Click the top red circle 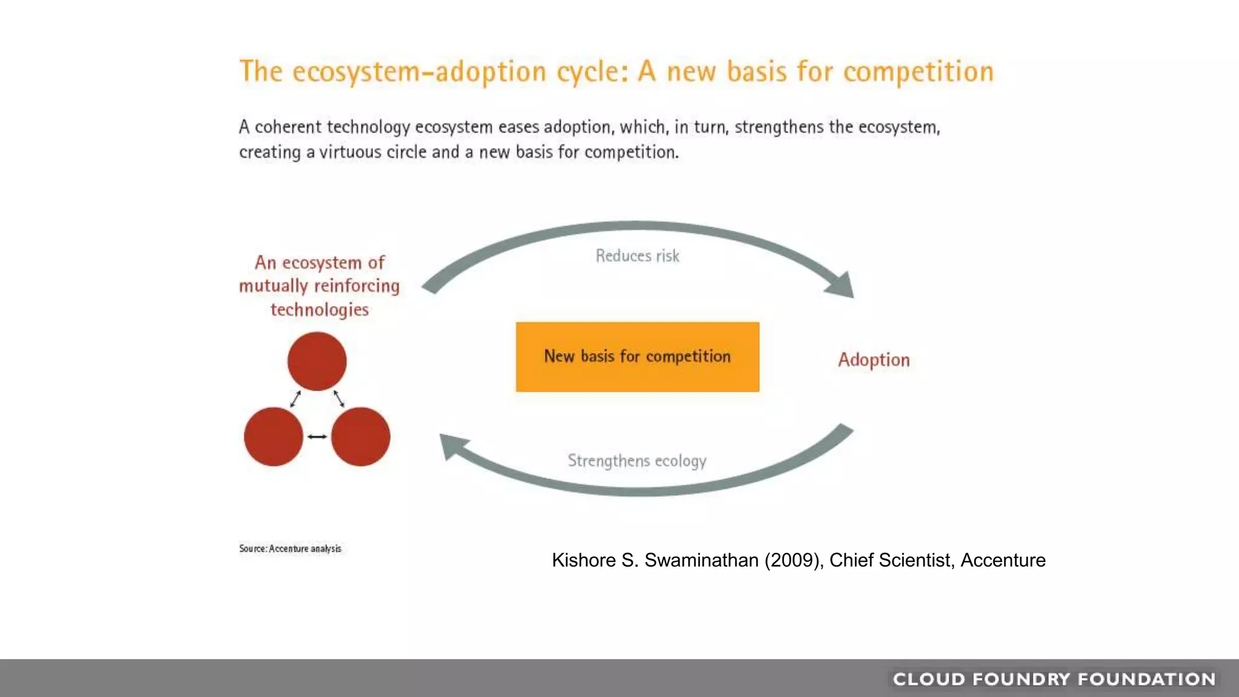[317, 361]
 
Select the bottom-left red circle [273, 436]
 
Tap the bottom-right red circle [361, 436]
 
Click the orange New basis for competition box [637, 357]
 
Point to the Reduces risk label [637, 256]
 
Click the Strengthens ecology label [636, 461]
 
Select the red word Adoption [874, 360]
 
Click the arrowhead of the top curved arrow [842, 285]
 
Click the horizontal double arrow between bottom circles [317, 436]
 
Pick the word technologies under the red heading [319, 310]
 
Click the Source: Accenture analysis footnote [290, 549]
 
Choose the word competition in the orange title [918, 72]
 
